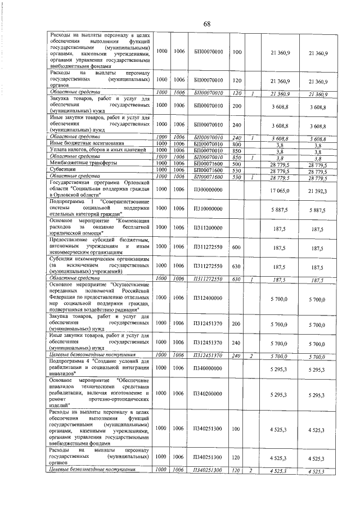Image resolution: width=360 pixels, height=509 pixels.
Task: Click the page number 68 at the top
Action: pos(206,24)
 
